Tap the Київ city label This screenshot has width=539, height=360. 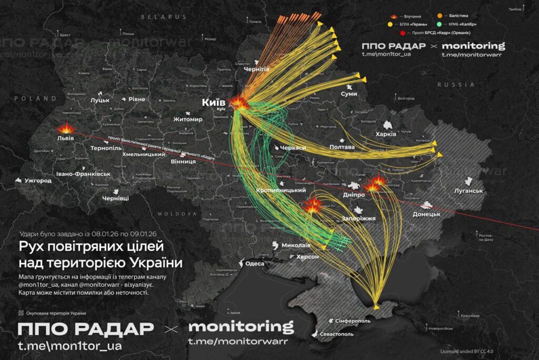214,102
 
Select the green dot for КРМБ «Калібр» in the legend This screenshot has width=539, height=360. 438,24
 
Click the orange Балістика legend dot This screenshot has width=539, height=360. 440,16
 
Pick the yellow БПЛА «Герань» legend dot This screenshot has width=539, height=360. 390,24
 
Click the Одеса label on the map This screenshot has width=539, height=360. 255,264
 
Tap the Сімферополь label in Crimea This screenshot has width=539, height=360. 353,321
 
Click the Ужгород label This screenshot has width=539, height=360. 38,181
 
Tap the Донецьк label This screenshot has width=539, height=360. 426,214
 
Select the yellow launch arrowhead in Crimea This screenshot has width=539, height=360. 375,306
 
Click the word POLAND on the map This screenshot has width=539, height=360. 35,98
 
